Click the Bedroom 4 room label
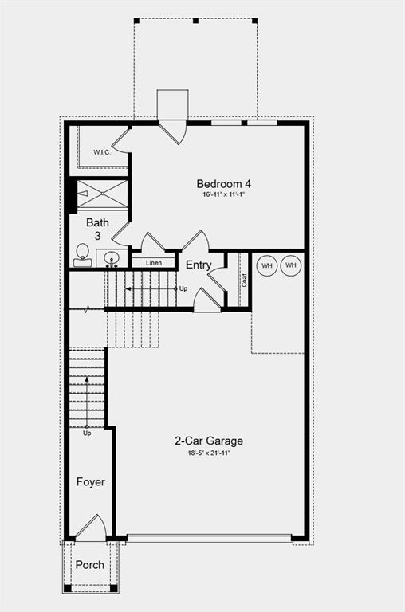pos(218,182)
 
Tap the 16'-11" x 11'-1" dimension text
pos(218,195)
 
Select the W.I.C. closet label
pos(102,151)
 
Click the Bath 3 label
pos(97,229)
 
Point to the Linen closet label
pos(153,262)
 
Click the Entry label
pos(199,265)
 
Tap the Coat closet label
pos(244,280)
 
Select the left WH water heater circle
pos(266,265)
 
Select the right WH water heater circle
pos(291,265)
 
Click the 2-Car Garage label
pos(209,441)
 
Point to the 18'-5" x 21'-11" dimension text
pos(209,453)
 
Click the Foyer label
pos(90,482)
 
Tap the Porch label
pos(89,565)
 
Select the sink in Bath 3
pos(112,257)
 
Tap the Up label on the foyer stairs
pos(87,433)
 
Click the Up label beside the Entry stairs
pos(183,288)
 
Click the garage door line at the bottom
pos(209,539)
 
